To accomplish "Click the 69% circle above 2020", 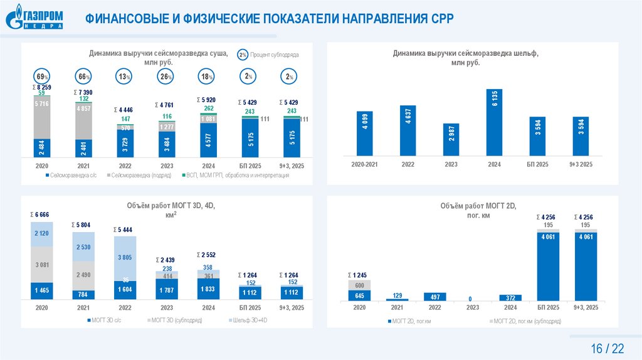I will pos(41,77).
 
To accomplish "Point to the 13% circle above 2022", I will pos(124,77).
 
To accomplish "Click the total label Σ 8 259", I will pos(41,87).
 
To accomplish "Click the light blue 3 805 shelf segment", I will pos(125,257).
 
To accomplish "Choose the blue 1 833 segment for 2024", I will pos(208,289).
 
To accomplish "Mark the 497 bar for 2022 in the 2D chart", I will pos(435,297).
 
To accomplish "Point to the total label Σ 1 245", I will pos(359,275).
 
